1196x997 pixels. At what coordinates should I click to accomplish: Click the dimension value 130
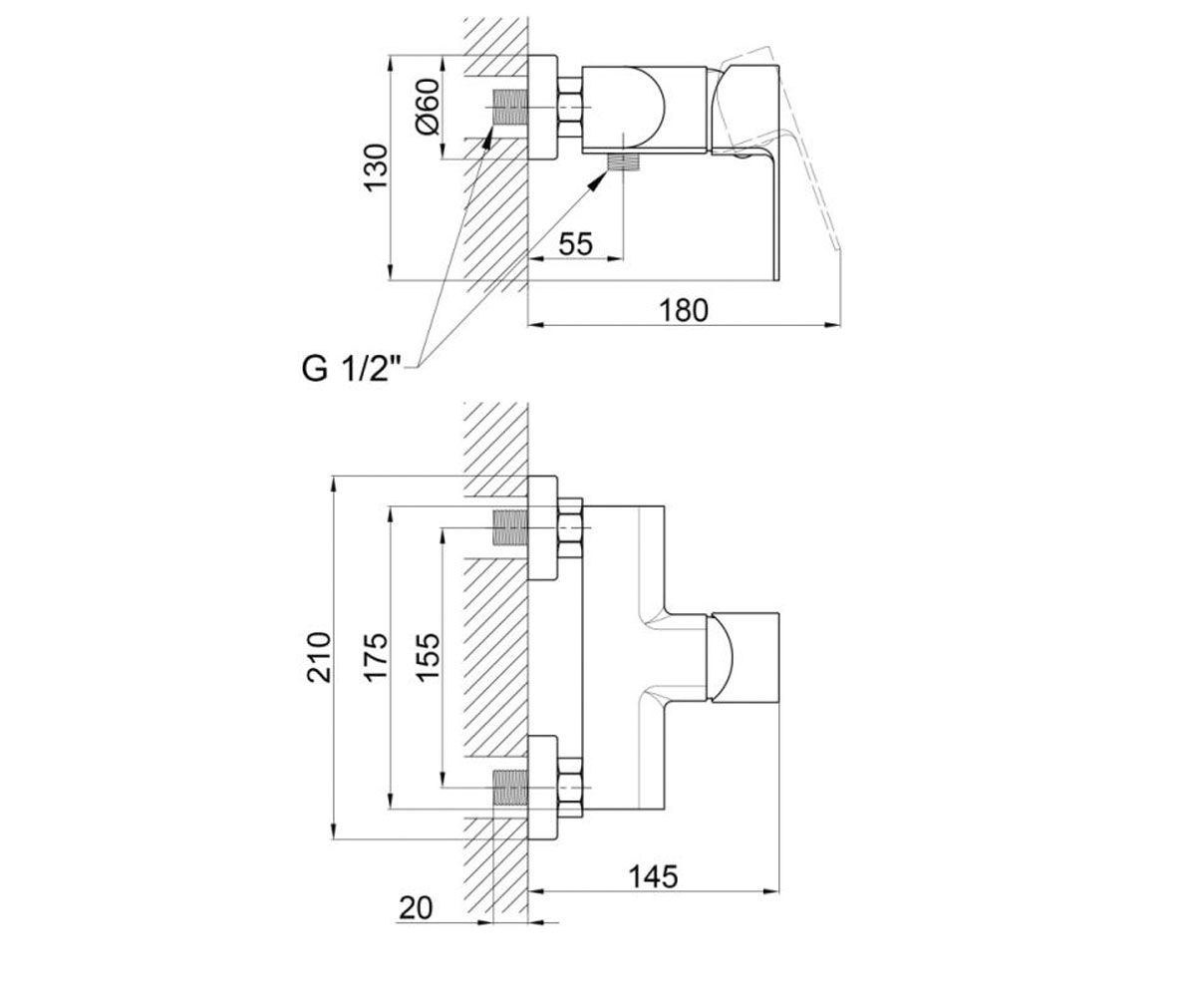click(x=377, y=167)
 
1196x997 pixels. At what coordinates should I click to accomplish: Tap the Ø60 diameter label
click(x=429, y=107)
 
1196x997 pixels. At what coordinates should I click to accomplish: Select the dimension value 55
click(x=576, y=244)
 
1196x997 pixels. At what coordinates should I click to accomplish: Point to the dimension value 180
click(x=684, y=310)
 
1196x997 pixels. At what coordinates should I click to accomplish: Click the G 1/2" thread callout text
click(x=352, y=369)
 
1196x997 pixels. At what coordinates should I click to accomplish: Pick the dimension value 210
click(x=319, y=657)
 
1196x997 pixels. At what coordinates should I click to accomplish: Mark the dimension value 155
click(x=428, y=657)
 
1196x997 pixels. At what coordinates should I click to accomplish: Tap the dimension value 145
click(x=653, y=876)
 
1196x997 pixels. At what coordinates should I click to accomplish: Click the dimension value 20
click(x=416, y=908)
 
